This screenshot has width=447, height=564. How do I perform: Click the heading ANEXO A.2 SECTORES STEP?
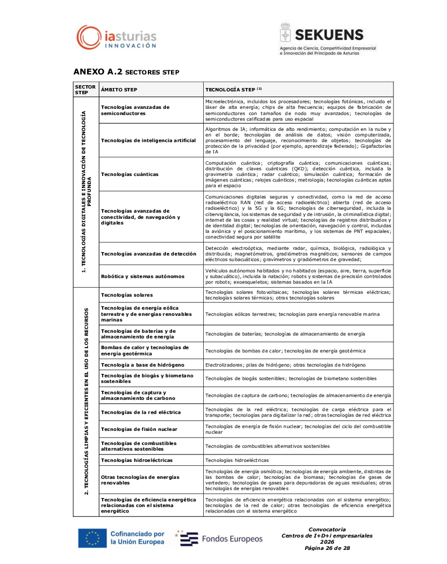(126, 72)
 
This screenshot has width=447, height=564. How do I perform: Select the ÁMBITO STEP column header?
(119, 90)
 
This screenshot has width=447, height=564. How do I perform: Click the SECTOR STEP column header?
(85, 90)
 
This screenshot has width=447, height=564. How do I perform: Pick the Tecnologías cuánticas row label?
(130, 174)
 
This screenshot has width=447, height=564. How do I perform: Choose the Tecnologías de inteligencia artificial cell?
(148, 140)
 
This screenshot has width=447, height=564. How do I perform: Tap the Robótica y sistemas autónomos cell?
(142, 276)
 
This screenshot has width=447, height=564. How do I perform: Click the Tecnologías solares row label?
(126, 295)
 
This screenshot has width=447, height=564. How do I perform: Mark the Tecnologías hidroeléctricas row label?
(137, 460)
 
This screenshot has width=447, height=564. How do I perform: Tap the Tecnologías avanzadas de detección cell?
(148, 254)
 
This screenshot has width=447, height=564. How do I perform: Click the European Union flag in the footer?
(92, 538)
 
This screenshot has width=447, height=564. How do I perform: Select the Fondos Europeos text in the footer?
(232, 539)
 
